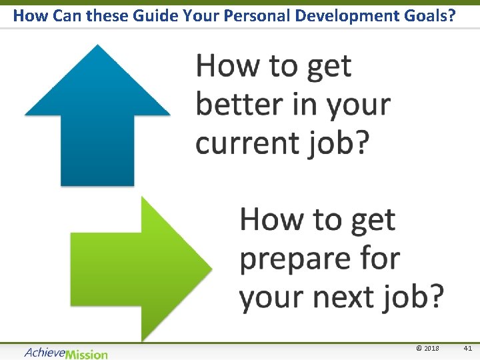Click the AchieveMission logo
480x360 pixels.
pyautogui.click(x=65, y=353)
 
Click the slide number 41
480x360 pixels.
pyautogui.click(x=467, y=349)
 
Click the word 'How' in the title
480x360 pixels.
pyautogui.click(x=27, y=15)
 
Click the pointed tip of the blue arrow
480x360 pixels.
pyautogui.click(x=98, y=47)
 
